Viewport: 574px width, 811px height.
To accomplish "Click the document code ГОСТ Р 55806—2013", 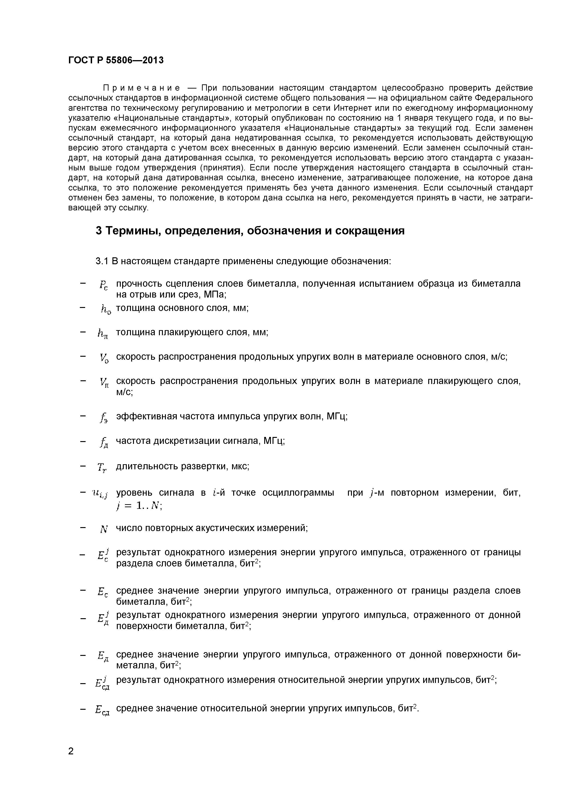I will point(116,60).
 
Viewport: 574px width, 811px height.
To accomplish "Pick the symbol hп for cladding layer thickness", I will point(103,333).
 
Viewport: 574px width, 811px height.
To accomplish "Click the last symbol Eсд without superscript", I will point(102,710).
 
